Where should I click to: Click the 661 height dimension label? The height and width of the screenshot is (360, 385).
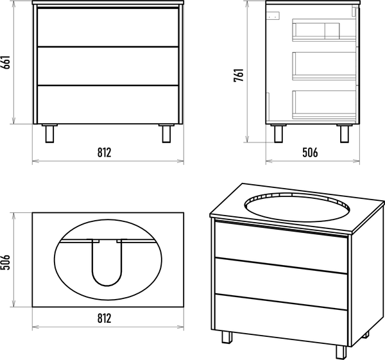point(6,62)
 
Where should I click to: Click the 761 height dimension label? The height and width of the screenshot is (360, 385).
point(239,75)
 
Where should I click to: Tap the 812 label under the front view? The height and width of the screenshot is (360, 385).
point(105,152)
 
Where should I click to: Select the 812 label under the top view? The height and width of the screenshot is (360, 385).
point(105,318)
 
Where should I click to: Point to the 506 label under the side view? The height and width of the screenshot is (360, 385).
point(310,152)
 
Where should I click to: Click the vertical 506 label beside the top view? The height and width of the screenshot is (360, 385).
point(6,262)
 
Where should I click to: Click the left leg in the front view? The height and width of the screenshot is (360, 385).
point(49,133)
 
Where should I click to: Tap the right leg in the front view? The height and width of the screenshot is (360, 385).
point(166,133)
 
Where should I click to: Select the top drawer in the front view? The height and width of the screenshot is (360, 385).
point(108,27)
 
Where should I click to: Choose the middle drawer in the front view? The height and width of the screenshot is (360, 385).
point(108,66)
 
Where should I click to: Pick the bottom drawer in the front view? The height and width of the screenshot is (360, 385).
point(108,105)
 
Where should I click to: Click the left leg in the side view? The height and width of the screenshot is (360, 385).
point(278,133)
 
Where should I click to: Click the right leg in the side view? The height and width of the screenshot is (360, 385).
point(345,133)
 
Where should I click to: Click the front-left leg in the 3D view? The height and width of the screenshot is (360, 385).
point(227,337)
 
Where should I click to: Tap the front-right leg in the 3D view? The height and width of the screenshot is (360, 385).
point(341,352)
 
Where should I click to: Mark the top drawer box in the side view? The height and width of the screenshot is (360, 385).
point(324,30)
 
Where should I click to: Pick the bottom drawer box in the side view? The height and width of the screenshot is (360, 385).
point(324,105)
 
